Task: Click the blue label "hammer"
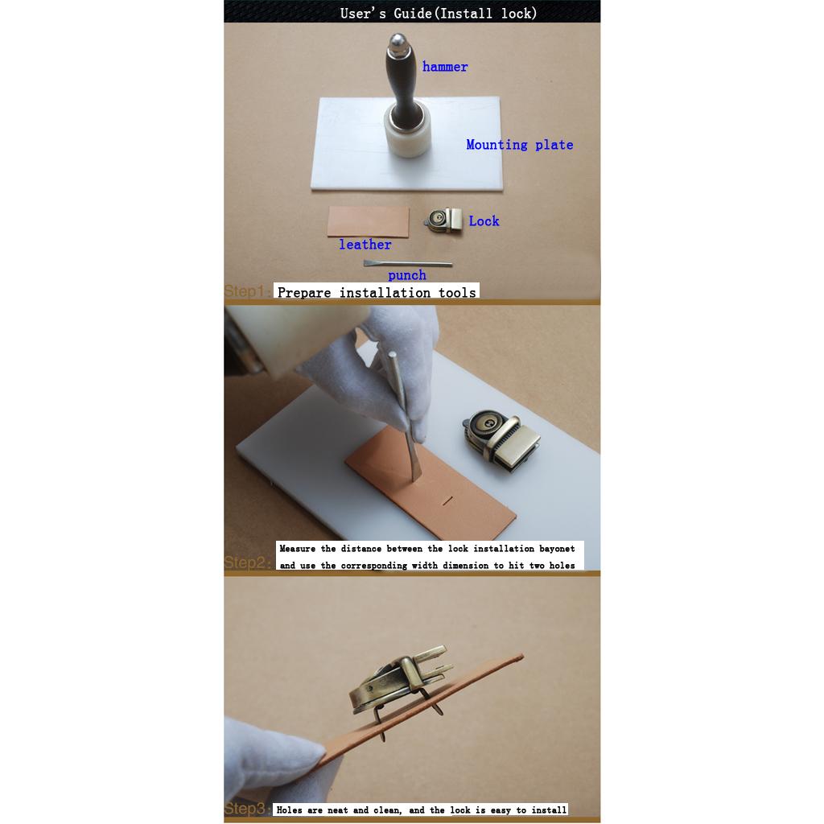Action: (x=444, y=67)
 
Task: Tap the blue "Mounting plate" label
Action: (x=519, y=145)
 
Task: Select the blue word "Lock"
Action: (x=484, y=220)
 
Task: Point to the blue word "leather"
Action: (x=365, y=245)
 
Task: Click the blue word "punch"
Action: (x=406, y=275)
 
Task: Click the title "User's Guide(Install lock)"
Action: (x=439, y=13)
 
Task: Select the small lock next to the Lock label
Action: (x=443, y=220)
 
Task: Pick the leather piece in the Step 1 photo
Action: (x=368, y=221)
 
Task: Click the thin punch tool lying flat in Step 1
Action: (x=407, y=263)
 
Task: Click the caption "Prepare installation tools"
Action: (x=377, y=292)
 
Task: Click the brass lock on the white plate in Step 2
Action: (x=502, y=439)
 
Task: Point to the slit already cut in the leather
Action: (x=447, y=501)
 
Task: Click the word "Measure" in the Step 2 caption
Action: (x=298, y=549)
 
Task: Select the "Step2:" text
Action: (x=248, y=562)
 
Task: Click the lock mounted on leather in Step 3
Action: (x=402, y=683)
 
